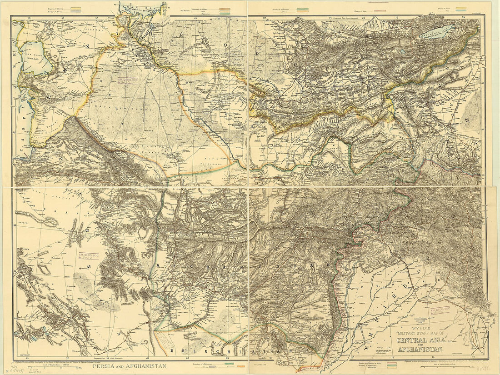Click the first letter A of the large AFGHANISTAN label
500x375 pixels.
[x=157, y=265]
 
